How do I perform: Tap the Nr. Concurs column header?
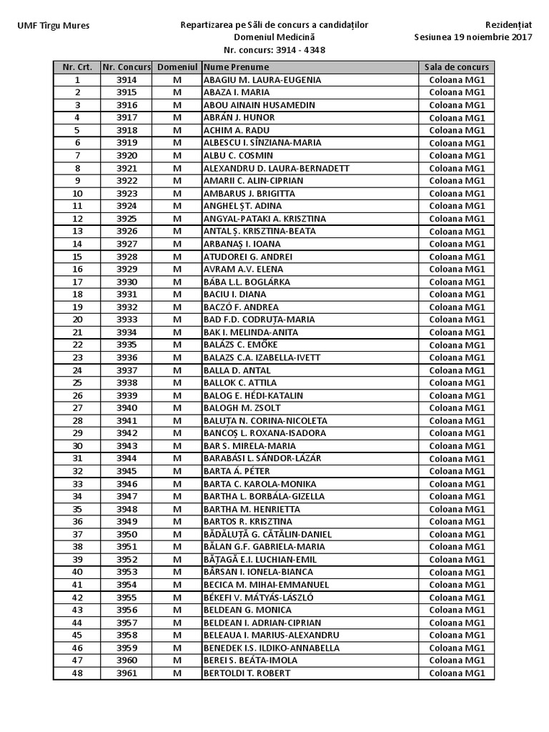pos(127,67)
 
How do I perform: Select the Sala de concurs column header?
pos(457,67)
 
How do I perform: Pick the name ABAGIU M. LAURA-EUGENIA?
pos(262,80)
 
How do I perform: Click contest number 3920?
pos(127,156)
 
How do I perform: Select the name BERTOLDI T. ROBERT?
pos(247,673)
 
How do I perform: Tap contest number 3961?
pos(127,673)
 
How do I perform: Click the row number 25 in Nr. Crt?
pos(77,382)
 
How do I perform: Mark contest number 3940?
pos(127,408)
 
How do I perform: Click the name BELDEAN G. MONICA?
pos(247,610)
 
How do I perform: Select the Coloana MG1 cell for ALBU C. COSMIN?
pos(457,156)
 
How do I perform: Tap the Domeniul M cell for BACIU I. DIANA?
pos(177,295)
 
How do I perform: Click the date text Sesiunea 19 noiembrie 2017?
pos(473,38)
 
